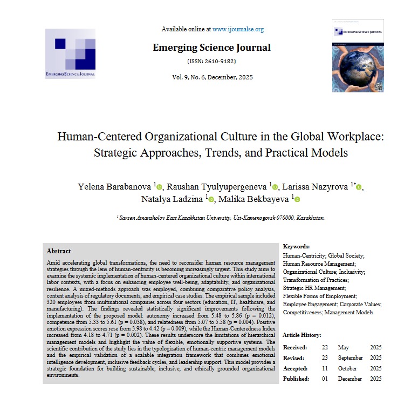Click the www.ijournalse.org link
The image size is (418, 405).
pos(238,29)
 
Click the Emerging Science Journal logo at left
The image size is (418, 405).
pos(70,53)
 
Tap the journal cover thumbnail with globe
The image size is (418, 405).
pos(358,56)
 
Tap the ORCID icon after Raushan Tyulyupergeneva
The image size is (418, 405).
pos(275,187)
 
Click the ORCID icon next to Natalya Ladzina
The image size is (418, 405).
pos(211,200)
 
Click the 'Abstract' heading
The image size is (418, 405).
pos(59,251)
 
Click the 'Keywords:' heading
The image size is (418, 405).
pos(296,246)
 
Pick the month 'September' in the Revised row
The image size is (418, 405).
pos(351,357)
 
